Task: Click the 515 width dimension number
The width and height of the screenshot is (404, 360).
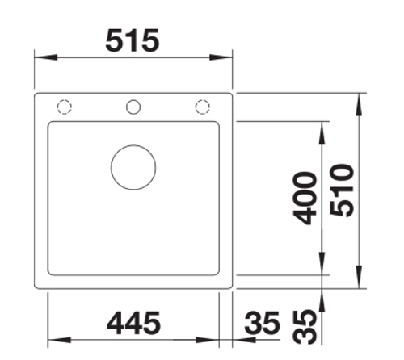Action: (x=133, y=40)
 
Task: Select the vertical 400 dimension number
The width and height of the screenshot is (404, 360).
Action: (x=305, y=198)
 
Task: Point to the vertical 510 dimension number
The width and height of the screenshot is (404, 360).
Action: (x=342, y=190)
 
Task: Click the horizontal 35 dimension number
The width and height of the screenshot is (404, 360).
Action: (x=261, y=323)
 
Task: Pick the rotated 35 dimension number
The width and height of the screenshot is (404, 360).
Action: (x=305, y=327)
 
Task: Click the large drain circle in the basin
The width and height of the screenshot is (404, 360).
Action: (x=133, y=167)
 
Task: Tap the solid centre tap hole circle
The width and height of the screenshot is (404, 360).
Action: (x=133, y=107)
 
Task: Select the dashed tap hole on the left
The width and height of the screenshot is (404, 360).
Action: (x=65, y=107)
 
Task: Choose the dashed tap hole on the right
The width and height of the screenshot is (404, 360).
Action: (x=202, y=107)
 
